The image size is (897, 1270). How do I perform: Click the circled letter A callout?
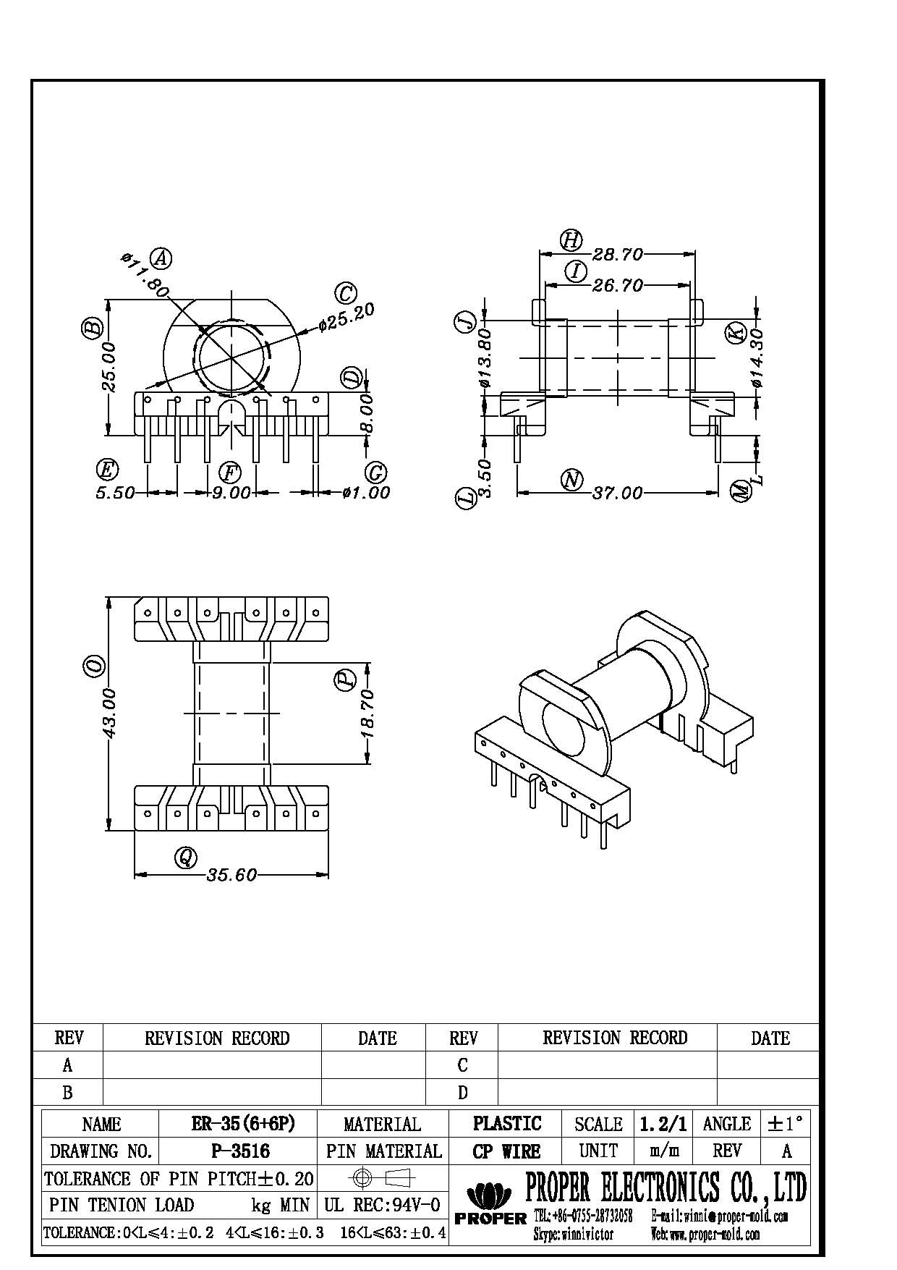(161, 258)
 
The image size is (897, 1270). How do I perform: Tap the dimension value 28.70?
(618, 255)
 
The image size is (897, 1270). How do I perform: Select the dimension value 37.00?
(617, 494)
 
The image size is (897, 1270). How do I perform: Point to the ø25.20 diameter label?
(348, 317)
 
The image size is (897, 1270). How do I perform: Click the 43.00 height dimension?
(109, 713)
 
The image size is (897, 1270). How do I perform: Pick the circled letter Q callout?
(186, 858)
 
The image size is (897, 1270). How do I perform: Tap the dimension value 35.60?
(231, 876)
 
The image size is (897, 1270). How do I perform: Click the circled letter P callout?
(345, 679)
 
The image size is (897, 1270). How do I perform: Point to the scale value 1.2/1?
(662, 1124)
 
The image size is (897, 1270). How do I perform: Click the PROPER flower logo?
(490, 1193)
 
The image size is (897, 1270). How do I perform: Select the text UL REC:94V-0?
(382, 1205)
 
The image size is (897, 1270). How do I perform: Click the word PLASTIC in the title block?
(506, 1124)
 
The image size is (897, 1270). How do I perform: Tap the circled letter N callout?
(571, 480)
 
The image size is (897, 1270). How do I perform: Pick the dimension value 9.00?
(231, 494)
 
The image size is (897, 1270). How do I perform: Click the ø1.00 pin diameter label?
(366, 494)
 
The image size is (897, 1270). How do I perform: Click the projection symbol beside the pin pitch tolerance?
(381, 1178)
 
